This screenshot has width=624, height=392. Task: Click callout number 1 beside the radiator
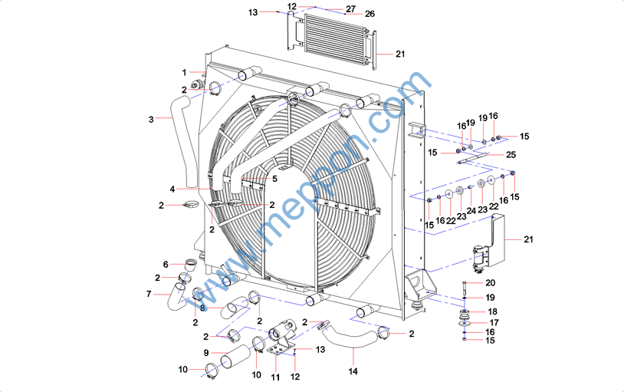tap(185, 72)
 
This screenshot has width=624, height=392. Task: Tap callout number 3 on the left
tap(151, 119)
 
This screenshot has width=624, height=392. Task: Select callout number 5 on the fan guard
tap(274, 179)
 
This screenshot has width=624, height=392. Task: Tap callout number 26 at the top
tap(369, 14)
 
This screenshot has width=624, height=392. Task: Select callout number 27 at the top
tap(350, 8)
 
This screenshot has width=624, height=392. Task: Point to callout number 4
tap(172, 189)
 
